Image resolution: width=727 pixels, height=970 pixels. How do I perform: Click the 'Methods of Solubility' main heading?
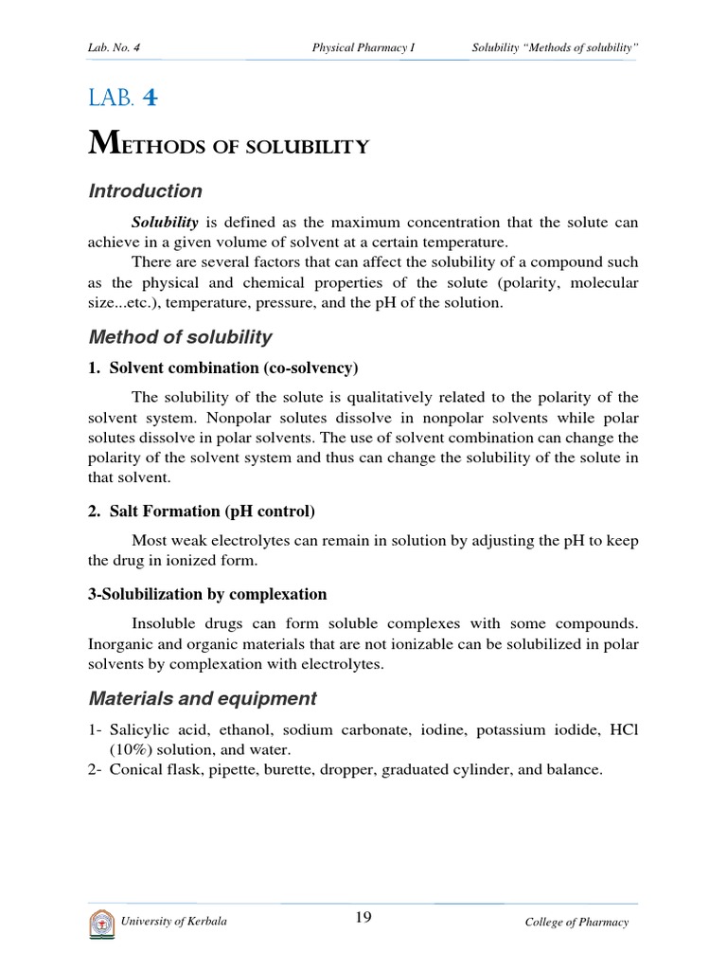coord(227,145)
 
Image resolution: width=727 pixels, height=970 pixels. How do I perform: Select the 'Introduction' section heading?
coord(145,191)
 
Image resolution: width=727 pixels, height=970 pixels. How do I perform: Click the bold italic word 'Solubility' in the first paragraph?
coord(165,223)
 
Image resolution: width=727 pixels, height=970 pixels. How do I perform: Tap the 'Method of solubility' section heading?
coord(180,337)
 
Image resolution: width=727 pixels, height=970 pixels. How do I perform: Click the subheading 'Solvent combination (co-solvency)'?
coord(232,368)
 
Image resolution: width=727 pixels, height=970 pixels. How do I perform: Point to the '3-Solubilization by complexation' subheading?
coord(207,594)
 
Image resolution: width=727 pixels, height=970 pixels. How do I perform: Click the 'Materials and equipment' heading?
coord(202,699)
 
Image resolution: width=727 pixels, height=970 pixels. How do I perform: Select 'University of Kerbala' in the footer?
coord(173,922)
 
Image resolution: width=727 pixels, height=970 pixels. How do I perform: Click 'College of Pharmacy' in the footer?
coord(576,923)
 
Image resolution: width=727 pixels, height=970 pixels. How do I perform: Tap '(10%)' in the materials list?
coord(130,749)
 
